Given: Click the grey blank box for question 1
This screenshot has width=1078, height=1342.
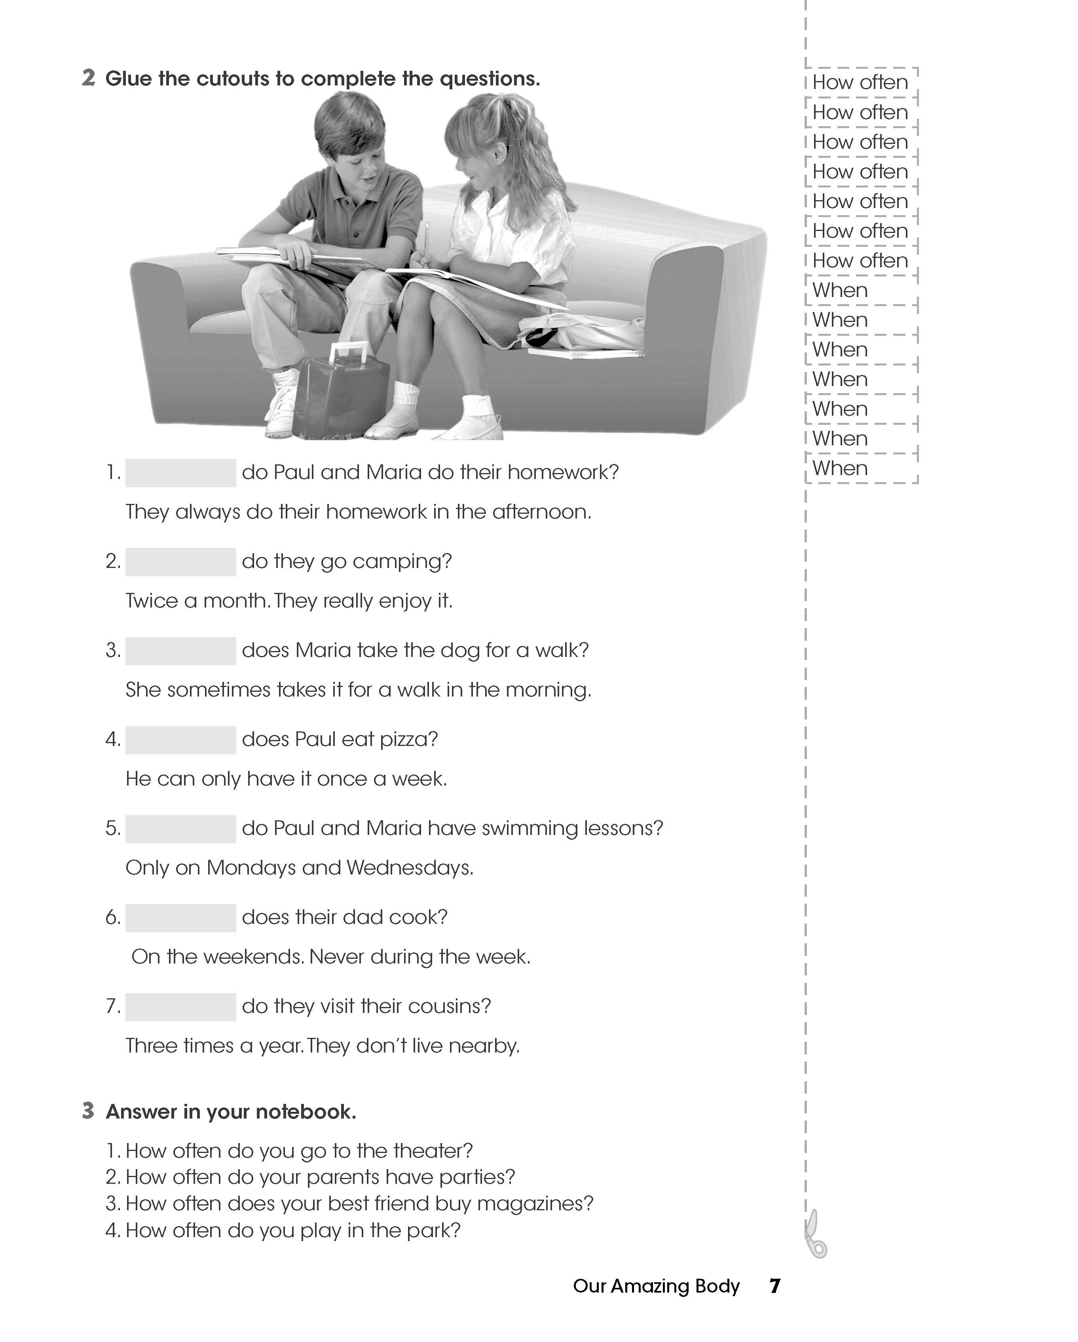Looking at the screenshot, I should (180, 473).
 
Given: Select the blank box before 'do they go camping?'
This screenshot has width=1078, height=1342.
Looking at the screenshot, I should (180, 562).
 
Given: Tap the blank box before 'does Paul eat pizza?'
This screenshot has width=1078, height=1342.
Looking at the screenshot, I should (180, 740).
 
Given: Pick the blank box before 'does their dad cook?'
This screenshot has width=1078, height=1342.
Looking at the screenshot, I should (180, 918).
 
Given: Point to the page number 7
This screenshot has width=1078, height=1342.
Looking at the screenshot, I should (775, 1286).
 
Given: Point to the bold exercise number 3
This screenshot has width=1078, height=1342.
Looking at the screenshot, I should (88, 1111).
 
